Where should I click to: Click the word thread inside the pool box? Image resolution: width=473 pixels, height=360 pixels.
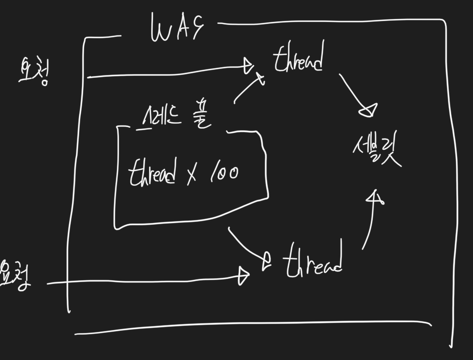point(152,174)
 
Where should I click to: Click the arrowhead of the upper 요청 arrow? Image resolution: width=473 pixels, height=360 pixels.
point(248,66)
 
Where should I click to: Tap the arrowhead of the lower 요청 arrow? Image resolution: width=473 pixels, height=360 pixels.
point(243,276)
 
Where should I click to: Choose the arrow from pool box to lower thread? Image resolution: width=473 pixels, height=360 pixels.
point(246,247)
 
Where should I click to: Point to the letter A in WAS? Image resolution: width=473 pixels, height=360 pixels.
point(180,30)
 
